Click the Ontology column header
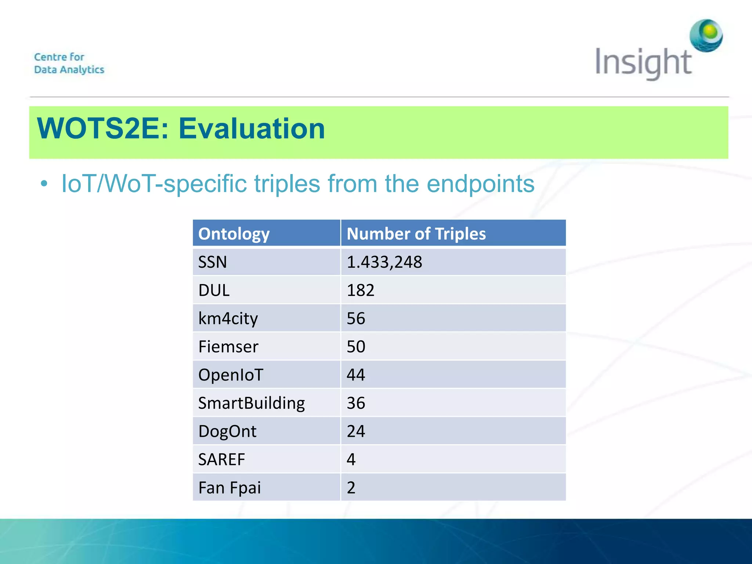[x=234, y=234]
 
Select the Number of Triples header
[x=416, y=234]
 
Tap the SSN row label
[x=213, y=262]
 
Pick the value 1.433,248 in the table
[x=384, y=262]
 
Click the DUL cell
[x=214, y=290]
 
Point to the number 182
[x=361, y=290]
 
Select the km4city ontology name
[x=228, y=318]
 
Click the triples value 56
[x=356, y=318]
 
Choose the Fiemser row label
[x=228, y=347]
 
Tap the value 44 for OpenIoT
[x=356, y=375]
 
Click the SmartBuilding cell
[x=252, y=403]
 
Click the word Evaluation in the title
[x=252, y=129]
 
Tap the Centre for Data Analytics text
[x=69, y=63]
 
